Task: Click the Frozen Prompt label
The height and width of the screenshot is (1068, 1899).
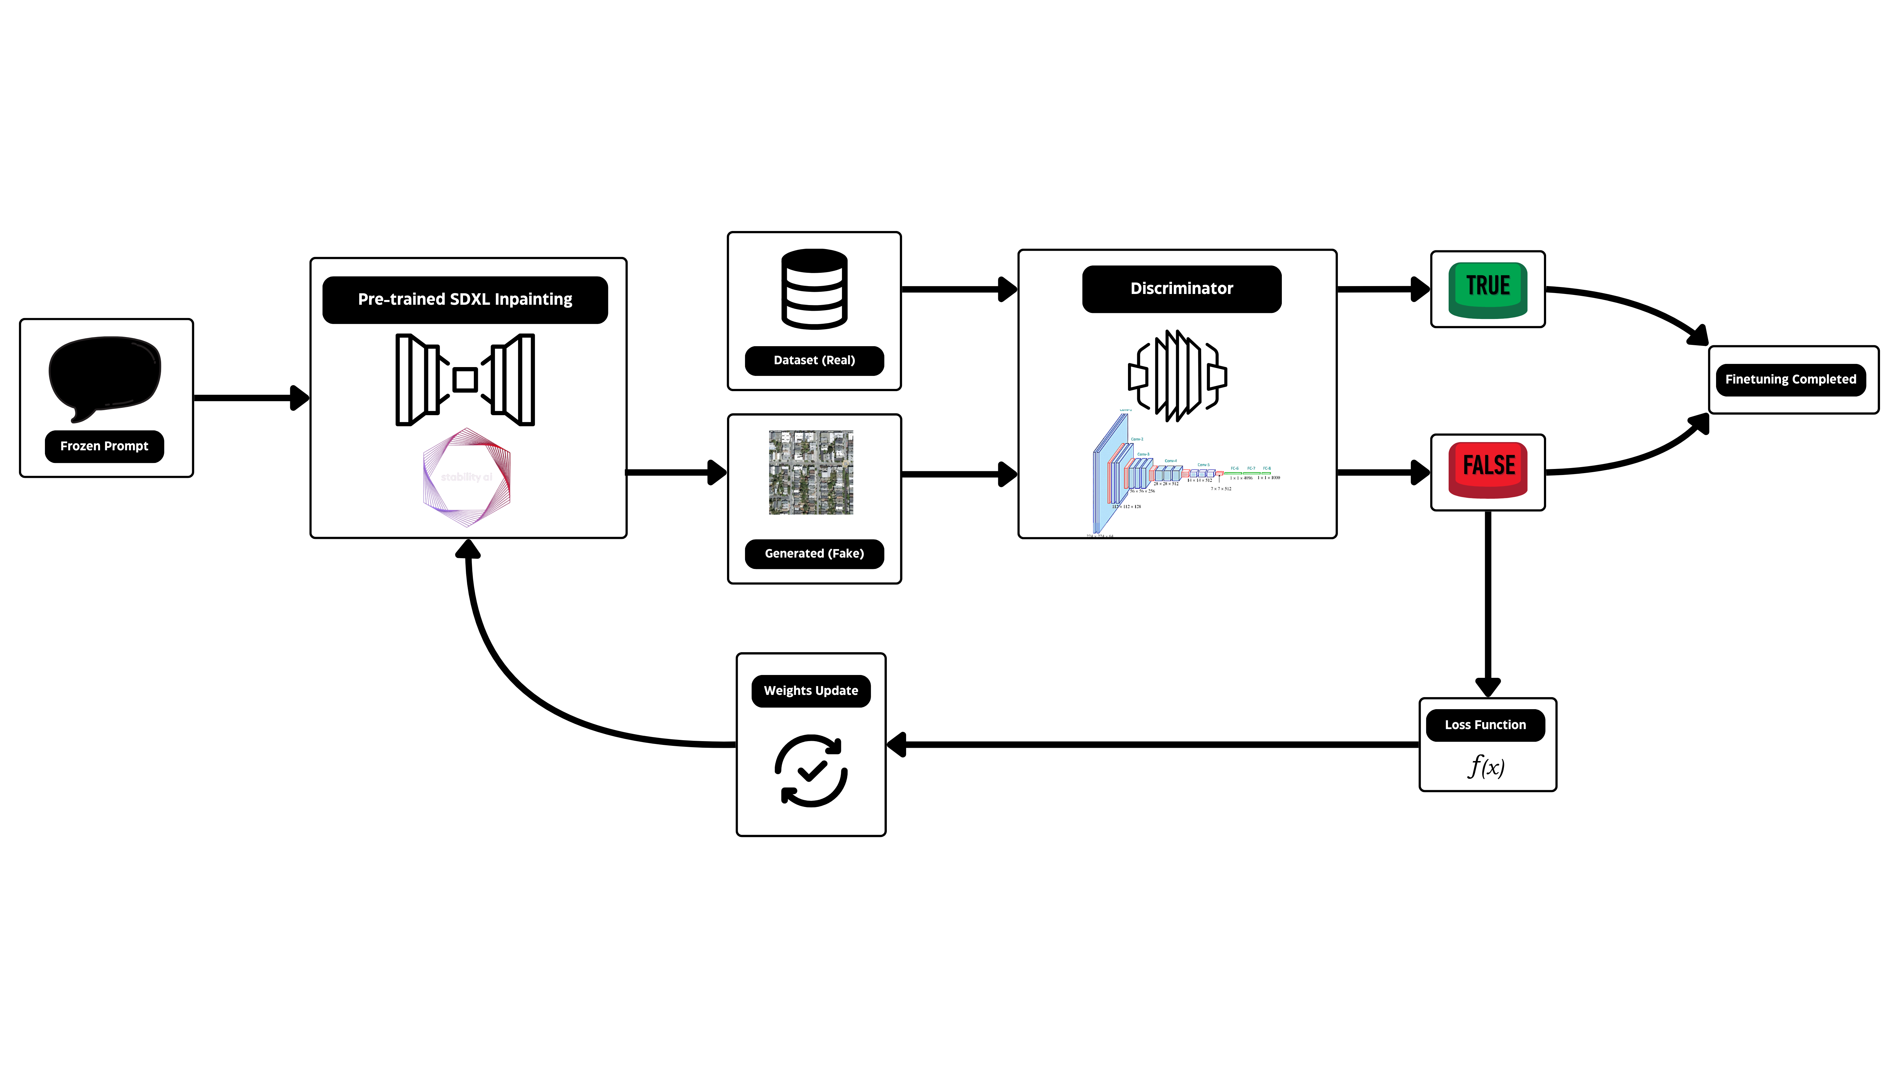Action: coord(104,446)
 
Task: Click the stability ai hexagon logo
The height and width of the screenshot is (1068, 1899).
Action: coord(467,477)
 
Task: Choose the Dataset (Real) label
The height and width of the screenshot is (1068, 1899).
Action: coord(814,360)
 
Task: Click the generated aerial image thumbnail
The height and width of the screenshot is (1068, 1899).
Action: coord(811,472)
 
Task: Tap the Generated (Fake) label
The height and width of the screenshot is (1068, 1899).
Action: coord(814,553)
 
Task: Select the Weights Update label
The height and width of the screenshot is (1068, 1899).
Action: coord(811,690)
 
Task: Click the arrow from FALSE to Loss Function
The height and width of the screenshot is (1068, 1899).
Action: coord(1488,604)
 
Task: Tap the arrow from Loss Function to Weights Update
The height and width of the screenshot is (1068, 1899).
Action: coord(1150,744)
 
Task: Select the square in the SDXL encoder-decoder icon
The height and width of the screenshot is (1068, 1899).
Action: coord(465,380)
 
